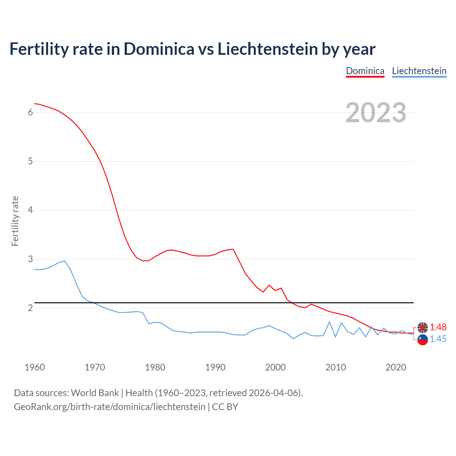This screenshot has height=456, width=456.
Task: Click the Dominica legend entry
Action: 365,71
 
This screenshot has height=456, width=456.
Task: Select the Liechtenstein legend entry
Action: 419,71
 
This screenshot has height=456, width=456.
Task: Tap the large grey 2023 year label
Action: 376,113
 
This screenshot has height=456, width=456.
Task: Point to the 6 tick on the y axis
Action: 30,113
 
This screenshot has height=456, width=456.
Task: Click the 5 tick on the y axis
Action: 30,161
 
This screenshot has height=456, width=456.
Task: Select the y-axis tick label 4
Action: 30,210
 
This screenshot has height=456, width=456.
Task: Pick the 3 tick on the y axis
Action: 30,259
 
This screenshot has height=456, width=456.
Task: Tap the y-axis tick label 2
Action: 30,308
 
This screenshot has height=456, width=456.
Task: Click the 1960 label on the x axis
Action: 35,367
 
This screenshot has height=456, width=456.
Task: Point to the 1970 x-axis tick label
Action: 95,367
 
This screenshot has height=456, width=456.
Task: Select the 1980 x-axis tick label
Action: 155,367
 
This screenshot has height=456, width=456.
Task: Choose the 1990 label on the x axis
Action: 215,367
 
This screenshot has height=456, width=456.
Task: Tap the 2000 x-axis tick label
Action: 275,367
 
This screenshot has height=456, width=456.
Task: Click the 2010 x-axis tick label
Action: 336,367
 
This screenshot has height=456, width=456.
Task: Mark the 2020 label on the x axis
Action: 396,367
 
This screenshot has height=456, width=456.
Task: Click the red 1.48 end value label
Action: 438,327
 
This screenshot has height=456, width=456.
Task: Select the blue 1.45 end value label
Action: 438,339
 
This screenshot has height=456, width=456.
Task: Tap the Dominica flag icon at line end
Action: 423,327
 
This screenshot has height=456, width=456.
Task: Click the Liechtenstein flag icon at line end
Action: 423,340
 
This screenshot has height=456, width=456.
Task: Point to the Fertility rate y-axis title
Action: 15,221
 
